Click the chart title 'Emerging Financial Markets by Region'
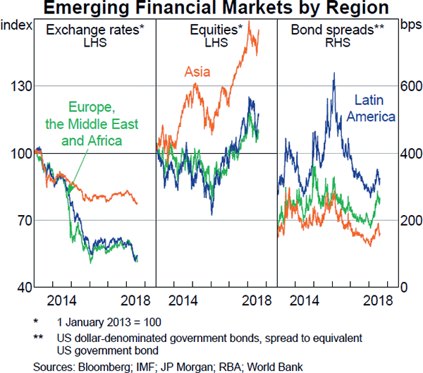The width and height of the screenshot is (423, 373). point(211,8)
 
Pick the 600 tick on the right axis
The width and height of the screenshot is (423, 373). point(410,86)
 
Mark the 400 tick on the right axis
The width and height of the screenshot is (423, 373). point(410,153)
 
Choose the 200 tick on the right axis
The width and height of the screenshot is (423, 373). point(410,221)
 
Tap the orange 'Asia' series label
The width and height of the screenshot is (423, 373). point(200,71)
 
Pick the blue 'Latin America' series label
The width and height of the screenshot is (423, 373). point(374,108)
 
